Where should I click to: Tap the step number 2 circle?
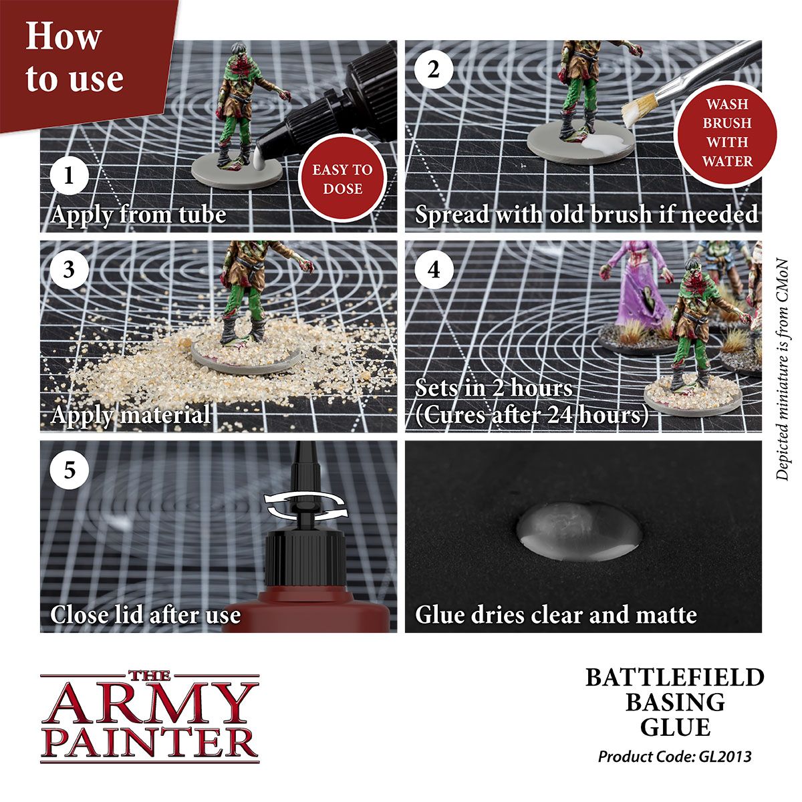coord(434,70)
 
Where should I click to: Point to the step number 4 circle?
coord(434,270)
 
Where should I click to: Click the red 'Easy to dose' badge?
coord(342,179)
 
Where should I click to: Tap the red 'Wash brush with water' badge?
coord(727,133)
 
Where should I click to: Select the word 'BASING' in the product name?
coord(674,702)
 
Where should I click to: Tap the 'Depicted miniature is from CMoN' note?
coord(783,368)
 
